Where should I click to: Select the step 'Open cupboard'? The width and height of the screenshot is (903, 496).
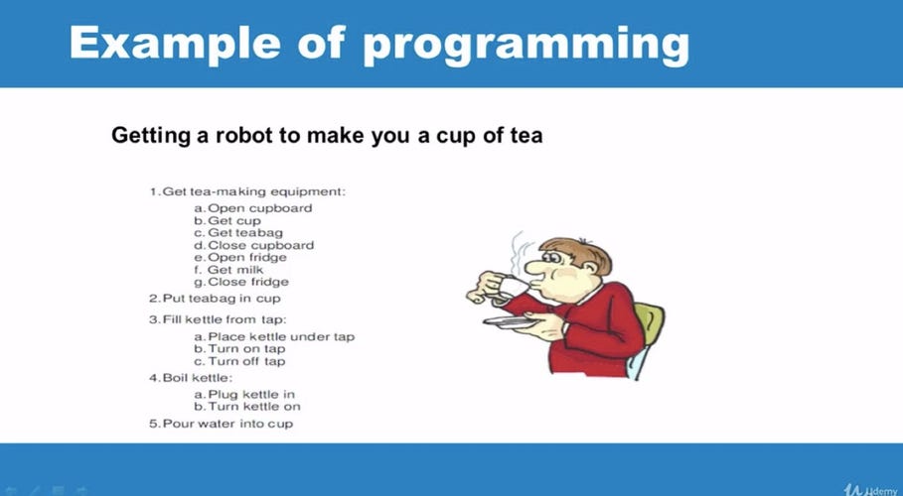click(253, 208)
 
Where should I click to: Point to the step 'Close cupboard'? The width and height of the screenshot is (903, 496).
click(253, 245)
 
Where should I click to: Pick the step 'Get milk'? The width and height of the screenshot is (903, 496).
click(233, 270)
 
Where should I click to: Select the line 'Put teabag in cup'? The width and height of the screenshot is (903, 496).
click(215, 299)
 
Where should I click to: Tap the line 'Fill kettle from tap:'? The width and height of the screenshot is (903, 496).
click(218, 319)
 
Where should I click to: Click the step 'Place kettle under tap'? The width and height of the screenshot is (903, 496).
click(274, 337)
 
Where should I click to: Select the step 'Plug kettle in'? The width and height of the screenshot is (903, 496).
click(244, 395)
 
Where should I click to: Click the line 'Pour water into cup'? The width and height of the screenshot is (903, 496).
click(221, 425)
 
